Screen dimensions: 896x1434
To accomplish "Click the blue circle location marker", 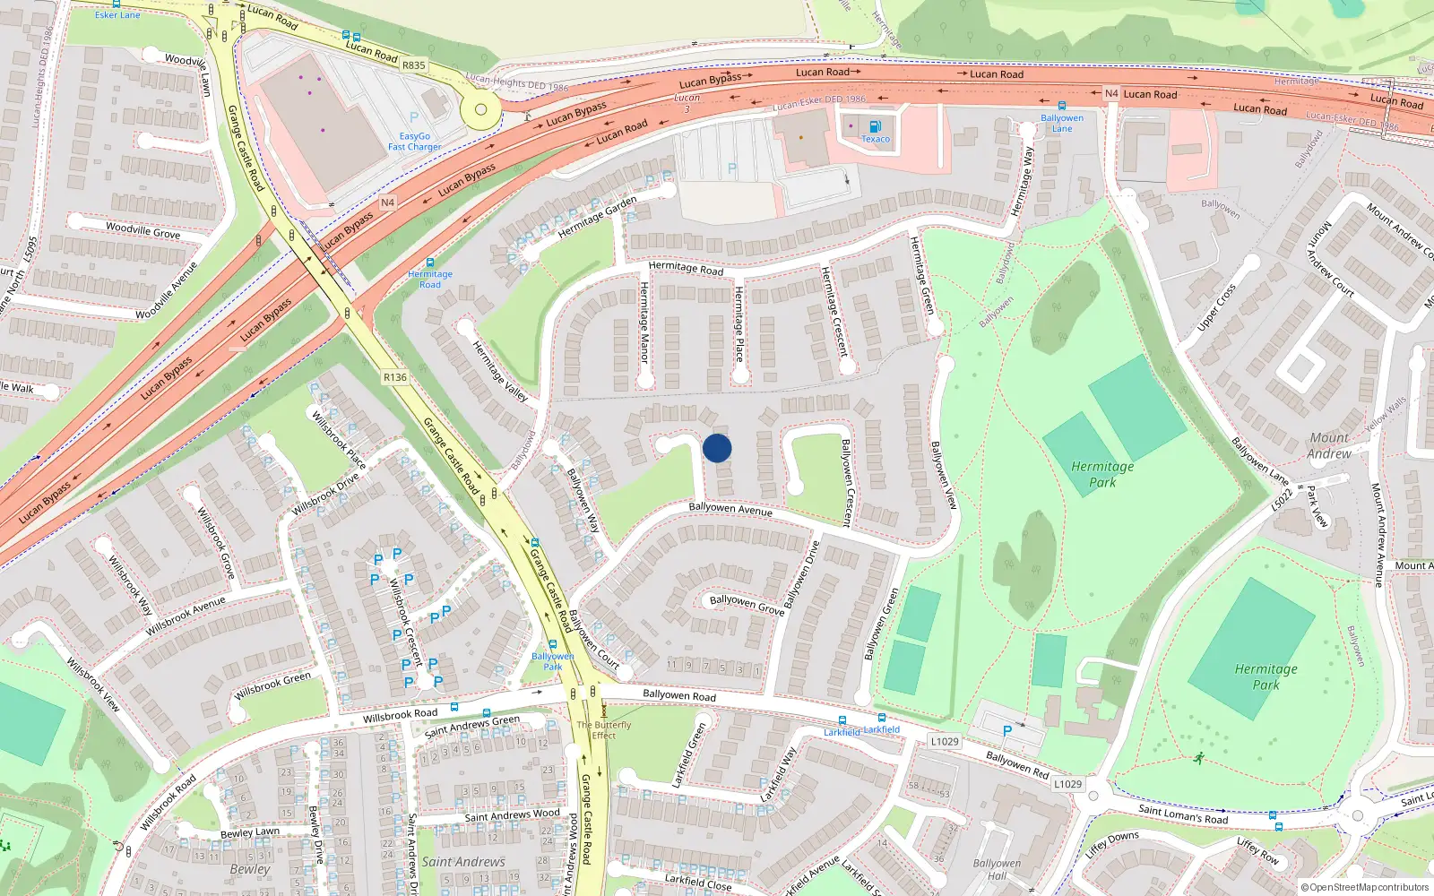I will [x=717, y=448].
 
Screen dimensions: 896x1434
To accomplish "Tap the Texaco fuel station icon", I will [x=875, y=126].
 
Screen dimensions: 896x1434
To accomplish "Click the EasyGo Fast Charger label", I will [x=414, y=142].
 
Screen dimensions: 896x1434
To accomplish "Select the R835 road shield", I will [x=413, y=65].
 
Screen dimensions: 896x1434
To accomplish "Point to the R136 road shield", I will [x=395, y=377].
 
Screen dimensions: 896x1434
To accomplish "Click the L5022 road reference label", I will [x=1283, y=498].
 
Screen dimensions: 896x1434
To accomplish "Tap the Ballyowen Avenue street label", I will [x=730, y=509].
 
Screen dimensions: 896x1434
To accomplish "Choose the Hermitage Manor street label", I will [x=644, y=322].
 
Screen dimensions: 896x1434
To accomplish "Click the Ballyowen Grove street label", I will [x=746, y=604].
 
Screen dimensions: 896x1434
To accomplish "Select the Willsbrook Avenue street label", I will [x=186, y=616].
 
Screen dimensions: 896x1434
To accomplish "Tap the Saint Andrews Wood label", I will [x=512, y=815].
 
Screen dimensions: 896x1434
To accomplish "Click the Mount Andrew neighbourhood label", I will [x=1329, y=445].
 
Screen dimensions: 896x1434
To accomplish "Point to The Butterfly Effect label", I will [x=604, y=730].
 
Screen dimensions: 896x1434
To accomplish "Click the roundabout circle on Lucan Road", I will [x=480, y=110].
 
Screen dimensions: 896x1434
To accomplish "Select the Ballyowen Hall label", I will [x=997, y=869].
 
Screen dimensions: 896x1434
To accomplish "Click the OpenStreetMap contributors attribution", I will [x=1365, y=887].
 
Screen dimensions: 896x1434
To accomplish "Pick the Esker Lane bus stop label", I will [x=117, y=14].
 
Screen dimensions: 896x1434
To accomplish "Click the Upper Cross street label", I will [x=1216, y=307].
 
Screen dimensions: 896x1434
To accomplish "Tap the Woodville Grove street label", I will [x=143, y=230].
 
